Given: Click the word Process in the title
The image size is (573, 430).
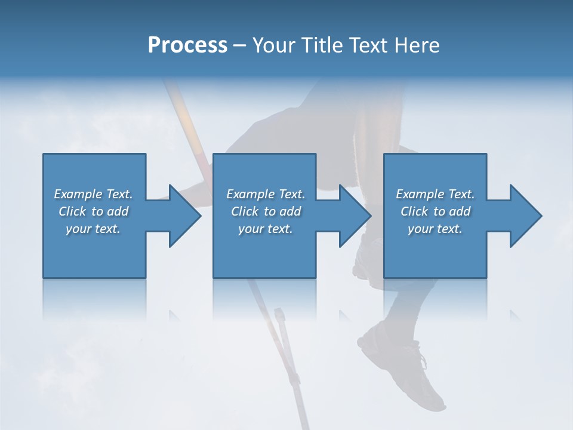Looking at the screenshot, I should (187, 45).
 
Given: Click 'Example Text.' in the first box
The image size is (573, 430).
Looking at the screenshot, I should (93, 194).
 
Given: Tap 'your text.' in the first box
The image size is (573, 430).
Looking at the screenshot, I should (93, 229).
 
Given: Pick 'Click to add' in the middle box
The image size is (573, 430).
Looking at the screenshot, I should (266, 211).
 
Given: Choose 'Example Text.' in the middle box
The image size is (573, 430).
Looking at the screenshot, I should (266, 194).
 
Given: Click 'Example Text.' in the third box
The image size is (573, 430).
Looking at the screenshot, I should (435, 194).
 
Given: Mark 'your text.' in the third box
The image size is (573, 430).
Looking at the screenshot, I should (435, 229).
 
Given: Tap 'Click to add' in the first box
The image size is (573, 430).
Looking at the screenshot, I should (93, 211).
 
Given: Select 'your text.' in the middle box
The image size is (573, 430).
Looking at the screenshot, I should (266, 229).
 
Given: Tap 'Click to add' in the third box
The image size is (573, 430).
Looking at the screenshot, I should (435, 211).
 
